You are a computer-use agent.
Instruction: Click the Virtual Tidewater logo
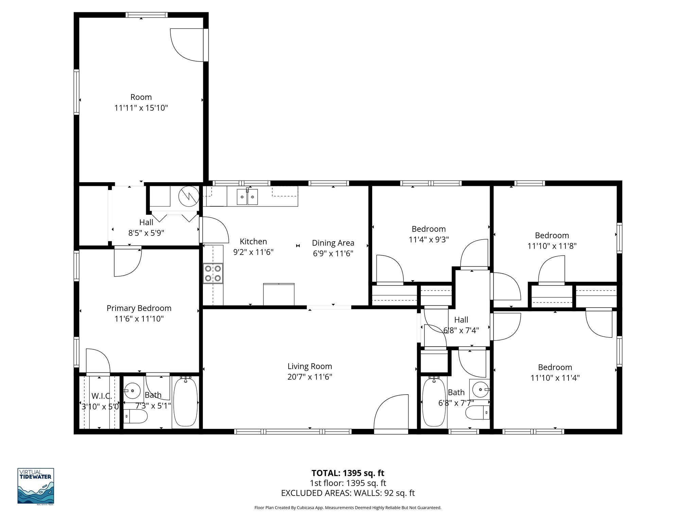pos(36,486)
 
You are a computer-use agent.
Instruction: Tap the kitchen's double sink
pos(247,197)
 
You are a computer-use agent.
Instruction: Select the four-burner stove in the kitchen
pos(213,274)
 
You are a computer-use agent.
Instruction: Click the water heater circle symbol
pos(189,196)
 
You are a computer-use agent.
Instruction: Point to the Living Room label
pos(310,366)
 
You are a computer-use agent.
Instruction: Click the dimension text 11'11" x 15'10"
pos(141,108)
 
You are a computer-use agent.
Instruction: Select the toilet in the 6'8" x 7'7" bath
pos(478,413)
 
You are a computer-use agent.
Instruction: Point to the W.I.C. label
pos(101,396)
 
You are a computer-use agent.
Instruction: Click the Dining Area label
pos(333,243)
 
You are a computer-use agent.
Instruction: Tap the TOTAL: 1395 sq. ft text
pos(348,473)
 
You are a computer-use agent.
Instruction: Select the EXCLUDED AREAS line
pos(348,493)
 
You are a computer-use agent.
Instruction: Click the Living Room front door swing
pos(391,413)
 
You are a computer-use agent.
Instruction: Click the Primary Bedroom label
pos(139,308)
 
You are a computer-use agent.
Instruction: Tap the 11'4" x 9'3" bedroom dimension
pos(429,240)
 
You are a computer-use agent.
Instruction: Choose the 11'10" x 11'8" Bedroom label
pos(552,235)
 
